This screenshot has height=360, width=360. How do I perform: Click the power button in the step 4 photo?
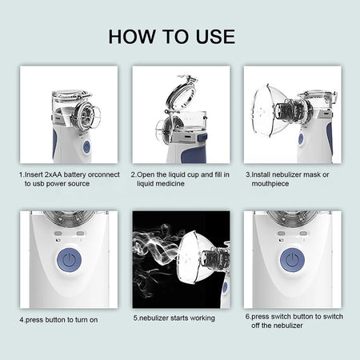point(70,261)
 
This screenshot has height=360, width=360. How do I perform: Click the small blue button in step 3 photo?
point(300,138)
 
